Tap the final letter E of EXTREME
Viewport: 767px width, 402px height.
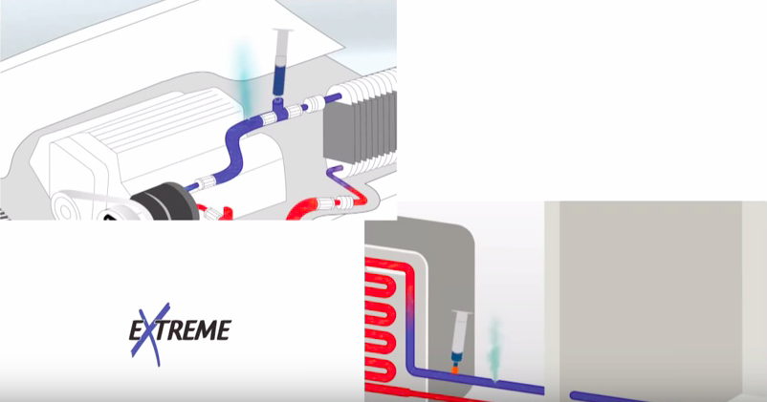tap(223, 330)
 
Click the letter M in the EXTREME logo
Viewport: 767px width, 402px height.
tap(204, 330)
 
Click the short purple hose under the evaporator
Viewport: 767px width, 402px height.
tap(337, 178)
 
